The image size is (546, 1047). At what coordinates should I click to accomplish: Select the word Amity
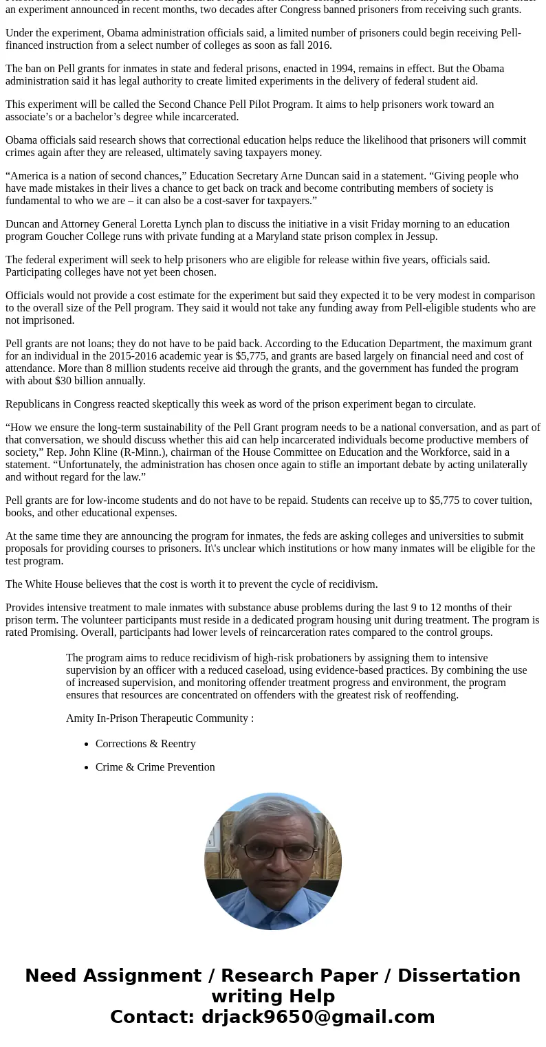(x=80, y=718)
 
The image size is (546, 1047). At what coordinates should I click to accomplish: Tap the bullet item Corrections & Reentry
(x=146, y=744)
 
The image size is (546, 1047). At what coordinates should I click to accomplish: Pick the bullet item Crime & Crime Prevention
(x=155, y=767)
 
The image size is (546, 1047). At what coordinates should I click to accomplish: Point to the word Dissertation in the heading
(x=459, y=976)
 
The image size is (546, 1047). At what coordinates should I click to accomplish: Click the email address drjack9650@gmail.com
(x=318, y=1017)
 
